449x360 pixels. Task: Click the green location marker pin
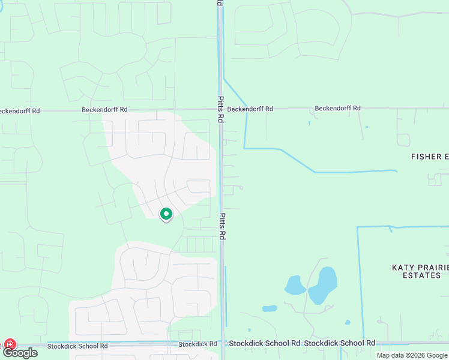[x=166, y=214]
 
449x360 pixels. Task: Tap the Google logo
[x=20, y=353]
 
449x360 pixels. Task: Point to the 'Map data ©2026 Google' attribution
[x=412, y=355]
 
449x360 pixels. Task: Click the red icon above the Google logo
[x=10, y=344]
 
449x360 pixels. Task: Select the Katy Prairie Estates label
[x=416, y=271]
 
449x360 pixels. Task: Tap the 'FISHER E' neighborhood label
[x=429, y=157]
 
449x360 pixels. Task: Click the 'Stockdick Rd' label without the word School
[x=197, y=344]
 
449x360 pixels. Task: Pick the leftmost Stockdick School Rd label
[x=77, y=346]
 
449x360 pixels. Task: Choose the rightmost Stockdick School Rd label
[x=339, y=343]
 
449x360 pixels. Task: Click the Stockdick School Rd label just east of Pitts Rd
[x=264, y=343]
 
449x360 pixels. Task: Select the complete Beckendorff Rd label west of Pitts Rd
[x=104, y=110]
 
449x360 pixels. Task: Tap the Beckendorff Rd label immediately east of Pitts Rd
[x=250, y=109]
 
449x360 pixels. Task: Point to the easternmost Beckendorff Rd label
[x=338, y=108]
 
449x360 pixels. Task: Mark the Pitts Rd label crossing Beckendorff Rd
[x=220, y=109]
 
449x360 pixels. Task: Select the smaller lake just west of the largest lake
[x=295, y=285]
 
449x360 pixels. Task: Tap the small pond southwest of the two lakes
[x=270, y=308]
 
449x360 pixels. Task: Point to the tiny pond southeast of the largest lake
[x=348, y=322]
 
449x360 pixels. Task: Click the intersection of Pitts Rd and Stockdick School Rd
[x=222, y=344]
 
